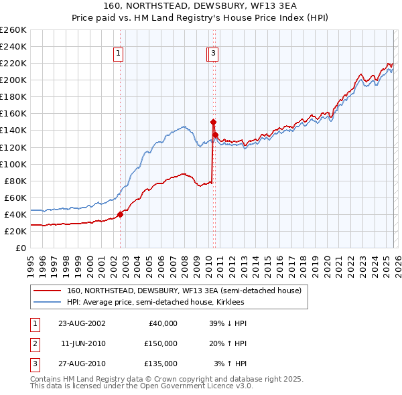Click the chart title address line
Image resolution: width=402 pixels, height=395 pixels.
[x=200, y=5]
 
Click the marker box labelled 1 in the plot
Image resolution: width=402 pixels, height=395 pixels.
[x=118, y=54]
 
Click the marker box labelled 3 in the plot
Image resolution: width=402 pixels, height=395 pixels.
[x=213, y=54]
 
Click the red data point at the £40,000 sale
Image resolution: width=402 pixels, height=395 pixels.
[x=121, y=214]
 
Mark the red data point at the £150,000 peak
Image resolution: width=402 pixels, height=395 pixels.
[x=213, y=122]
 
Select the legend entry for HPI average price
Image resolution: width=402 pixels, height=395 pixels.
[x=155, y=303]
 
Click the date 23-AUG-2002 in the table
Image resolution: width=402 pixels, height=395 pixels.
[x=81, y=323]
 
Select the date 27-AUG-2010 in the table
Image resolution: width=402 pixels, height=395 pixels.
[x=81, y=364]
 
